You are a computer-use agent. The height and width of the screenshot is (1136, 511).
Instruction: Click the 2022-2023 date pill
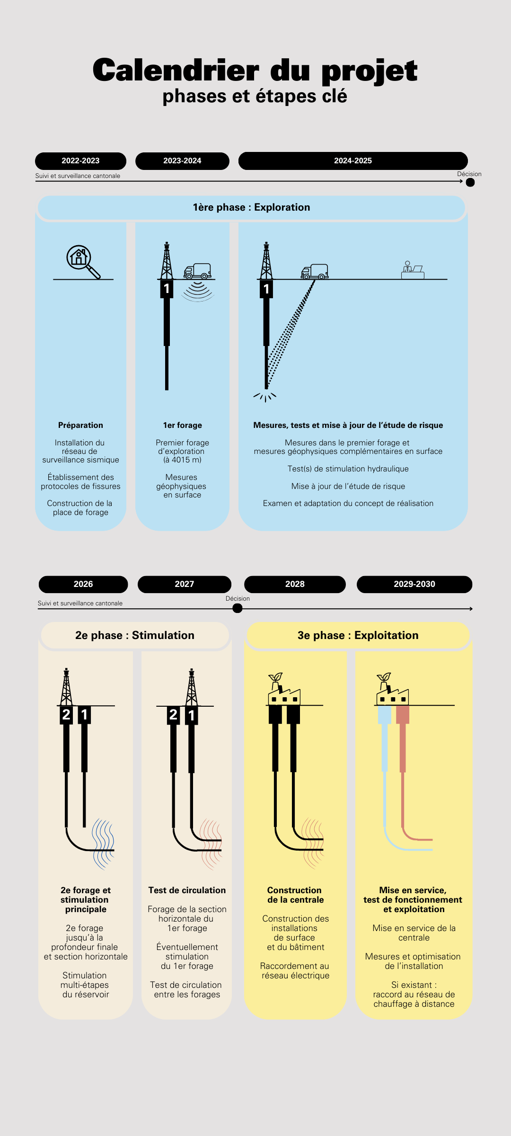[x=80, y=161]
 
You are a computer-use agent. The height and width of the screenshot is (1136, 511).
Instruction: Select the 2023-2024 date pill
[x=182, y=161]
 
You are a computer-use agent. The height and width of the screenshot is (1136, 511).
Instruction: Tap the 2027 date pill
[x=185, y=584]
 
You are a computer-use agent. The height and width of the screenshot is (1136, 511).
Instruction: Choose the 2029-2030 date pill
[x=414, y=584]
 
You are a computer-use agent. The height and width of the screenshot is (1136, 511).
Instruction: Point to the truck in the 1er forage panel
[x=197, y=271]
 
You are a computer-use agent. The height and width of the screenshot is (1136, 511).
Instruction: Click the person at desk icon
[x=413, y=270]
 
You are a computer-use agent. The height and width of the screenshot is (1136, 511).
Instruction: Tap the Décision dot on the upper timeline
[x=470, y=182]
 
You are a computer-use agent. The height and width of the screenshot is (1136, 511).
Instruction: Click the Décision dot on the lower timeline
[x=238, y=608]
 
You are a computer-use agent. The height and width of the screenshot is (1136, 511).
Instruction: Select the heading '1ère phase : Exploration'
[x=251, y=207]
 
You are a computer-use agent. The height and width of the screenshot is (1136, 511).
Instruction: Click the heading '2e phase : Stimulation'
[x=135, y=635]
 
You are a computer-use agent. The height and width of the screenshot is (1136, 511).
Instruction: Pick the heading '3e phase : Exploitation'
[x=358, y=635]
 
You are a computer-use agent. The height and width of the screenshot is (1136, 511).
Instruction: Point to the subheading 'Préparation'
[x=80, y=425]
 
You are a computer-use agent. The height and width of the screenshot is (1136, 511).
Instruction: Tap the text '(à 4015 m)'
[x=182, y=460]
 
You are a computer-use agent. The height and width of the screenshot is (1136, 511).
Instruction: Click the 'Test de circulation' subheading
[x=187, y=890]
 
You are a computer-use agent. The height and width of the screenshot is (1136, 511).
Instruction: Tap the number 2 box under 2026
[x=66, y=715]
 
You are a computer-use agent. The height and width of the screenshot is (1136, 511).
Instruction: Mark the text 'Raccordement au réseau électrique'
[x=295, y=971]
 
